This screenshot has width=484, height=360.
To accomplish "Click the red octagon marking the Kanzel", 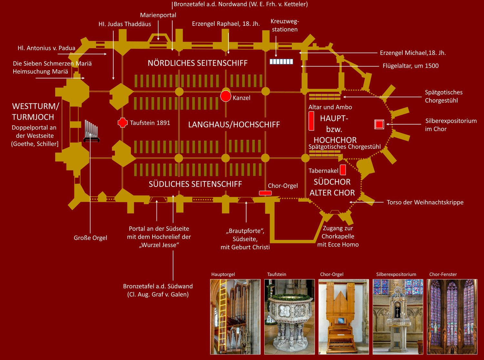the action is [226, 96].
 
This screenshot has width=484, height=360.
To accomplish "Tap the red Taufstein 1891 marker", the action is [123, 123].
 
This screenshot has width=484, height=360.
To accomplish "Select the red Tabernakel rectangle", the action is [343, 170].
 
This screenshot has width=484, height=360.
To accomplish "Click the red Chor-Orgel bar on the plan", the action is [265, 193].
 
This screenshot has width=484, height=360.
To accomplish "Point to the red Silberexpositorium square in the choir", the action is [379, 124].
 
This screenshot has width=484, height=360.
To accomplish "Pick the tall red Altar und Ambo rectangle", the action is [311, 121].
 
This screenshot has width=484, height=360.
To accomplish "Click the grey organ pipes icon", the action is [91, 131].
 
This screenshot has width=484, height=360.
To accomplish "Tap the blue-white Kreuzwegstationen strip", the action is [281, 62].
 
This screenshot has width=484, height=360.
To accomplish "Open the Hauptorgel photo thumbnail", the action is [235, 317].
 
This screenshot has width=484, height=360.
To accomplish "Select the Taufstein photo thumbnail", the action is [289, 317].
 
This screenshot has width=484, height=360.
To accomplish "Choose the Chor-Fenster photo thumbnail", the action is [452, 317].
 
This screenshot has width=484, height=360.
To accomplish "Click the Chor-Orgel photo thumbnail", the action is [344, 317].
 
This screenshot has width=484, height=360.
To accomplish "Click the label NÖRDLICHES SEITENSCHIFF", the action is [198, 63].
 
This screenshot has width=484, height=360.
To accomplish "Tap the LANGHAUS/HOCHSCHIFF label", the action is [234, 125].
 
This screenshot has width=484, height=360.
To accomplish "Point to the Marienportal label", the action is [158, 15].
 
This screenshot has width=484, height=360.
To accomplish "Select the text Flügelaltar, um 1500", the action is [411, 66].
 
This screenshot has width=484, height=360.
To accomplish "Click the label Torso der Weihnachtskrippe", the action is [425, 202].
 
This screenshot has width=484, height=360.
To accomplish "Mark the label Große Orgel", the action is [90, 238].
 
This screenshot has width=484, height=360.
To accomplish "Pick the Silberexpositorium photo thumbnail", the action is [398, 317].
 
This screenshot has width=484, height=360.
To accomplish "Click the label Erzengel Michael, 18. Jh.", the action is [413, 53].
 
